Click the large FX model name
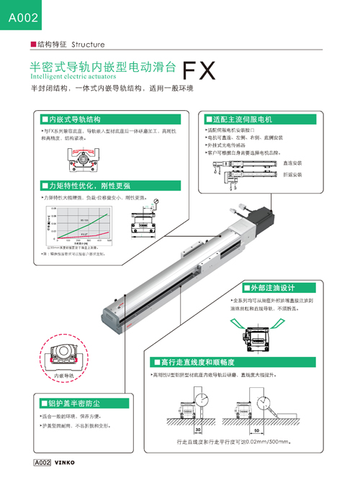199,71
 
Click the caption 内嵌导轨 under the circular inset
64,375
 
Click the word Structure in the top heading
88,45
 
